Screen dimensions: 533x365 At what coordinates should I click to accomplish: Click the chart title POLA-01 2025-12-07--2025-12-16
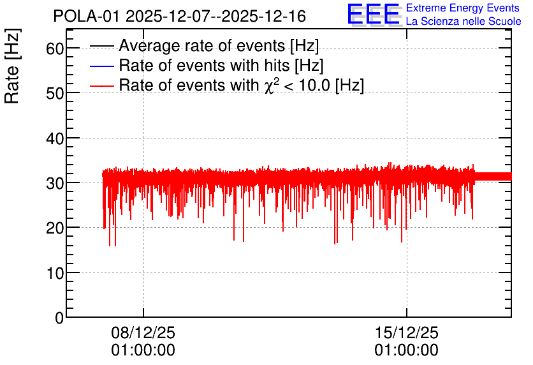click(x=180, y=16)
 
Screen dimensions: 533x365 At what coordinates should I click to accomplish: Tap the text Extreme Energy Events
click(x=463, y=8)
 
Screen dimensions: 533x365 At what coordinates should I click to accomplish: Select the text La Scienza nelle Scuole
click(x=464, y=21)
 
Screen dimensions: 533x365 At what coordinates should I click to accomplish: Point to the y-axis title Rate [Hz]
click(x=12, y=66)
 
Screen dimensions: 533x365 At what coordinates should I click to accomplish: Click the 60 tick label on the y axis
click(x=55, y=48)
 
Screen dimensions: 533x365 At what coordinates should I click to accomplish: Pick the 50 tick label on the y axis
click(x=55, y=94)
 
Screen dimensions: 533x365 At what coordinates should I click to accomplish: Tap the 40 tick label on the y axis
click(x=55, y=138)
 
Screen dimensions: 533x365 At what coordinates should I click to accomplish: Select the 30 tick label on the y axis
click(x=55, y=184)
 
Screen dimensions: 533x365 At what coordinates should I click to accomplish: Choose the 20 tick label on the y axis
click(x=55, y=228)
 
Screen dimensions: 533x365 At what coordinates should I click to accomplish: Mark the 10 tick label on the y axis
click(x=55, y=274)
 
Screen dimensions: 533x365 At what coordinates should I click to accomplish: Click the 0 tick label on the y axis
click(x=59, y=318)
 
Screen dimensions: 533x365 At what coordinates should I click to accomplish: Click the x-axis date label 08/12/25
click(x=143, y=332)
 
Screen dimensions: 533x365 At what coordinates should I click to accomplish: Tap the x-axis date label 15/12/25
click(x=407, y=332)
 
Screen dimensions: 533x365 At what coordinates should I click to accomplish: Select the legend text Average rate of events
click(x=202, y=45)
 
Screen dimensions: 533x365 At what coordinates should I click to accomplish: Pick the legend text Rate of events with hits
click(x=204, y=65)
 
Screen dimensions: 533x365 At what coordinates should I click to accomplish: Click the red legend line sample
click(x=101, y=86)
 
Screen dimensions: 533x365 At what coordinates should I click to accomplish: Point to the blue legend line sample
click(x=101, y=66)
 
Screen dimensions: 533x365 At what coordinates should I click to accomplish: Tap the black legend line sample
click(x=101, y=46)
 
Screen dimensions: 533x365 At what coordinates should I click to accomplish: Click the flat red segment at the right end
click(x=493, y=177)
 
